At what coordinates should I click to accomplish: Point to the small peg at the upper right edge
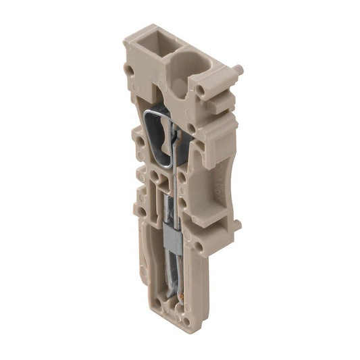237,69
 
